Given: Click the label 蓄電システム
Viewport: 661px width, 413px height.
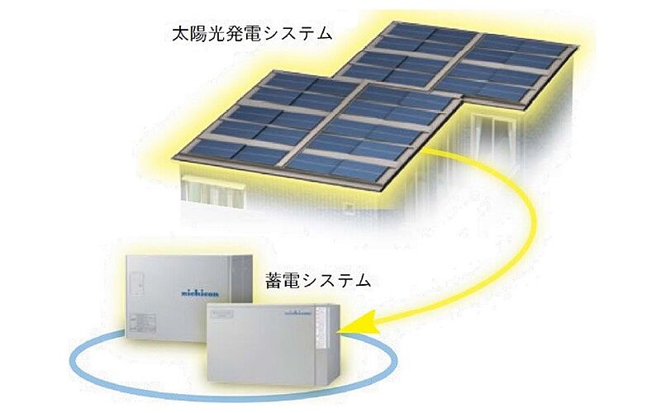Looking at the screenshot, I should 318,281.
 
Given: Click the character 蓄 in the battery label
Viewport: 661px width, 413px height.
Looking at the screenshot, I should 274,281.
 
